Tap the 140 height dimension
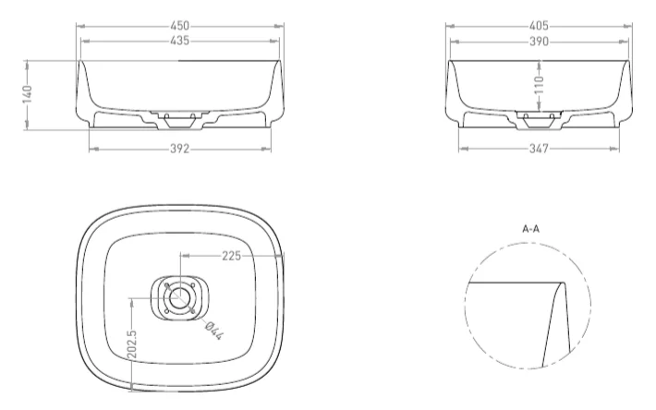28,95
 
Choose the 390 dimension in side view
539,42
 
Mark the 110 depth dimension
540,85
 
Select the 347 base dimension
539,149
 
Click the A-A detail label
530,225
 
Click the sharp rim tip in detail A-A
563,282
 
